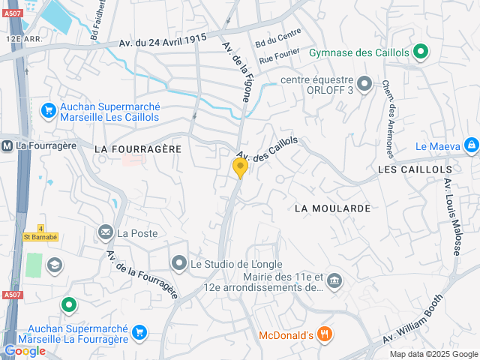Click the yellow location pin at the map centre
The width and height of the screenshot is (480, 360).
click(240, 167)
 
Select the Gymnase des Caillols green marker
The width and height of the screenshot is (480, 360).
click(421, 52)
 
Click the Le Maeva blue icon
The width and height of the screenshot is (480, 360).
click(470, 144)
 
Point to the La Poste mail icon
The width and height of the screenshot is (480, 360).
click(105, 233)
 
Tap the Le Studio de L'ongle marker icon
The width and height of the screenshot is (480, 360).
click(178, 263)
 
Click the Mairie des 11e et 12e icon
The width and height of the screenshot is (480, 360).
click(334, 280)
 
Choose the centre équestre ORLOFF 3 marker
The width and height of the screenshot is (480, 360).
click(364, 83)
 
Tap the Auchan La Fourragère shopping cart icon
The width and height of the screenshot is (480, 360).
click(139, 331)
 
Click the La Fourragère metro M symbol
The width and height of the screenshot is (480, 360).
click(6, 145)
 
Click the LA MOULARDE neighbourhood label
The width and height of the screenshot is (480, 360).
click(332, 208)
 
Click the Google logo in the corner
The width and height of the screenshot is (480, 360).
click(24, 351)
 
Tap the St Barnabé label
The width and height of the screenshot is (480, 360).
click(40, 237)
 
